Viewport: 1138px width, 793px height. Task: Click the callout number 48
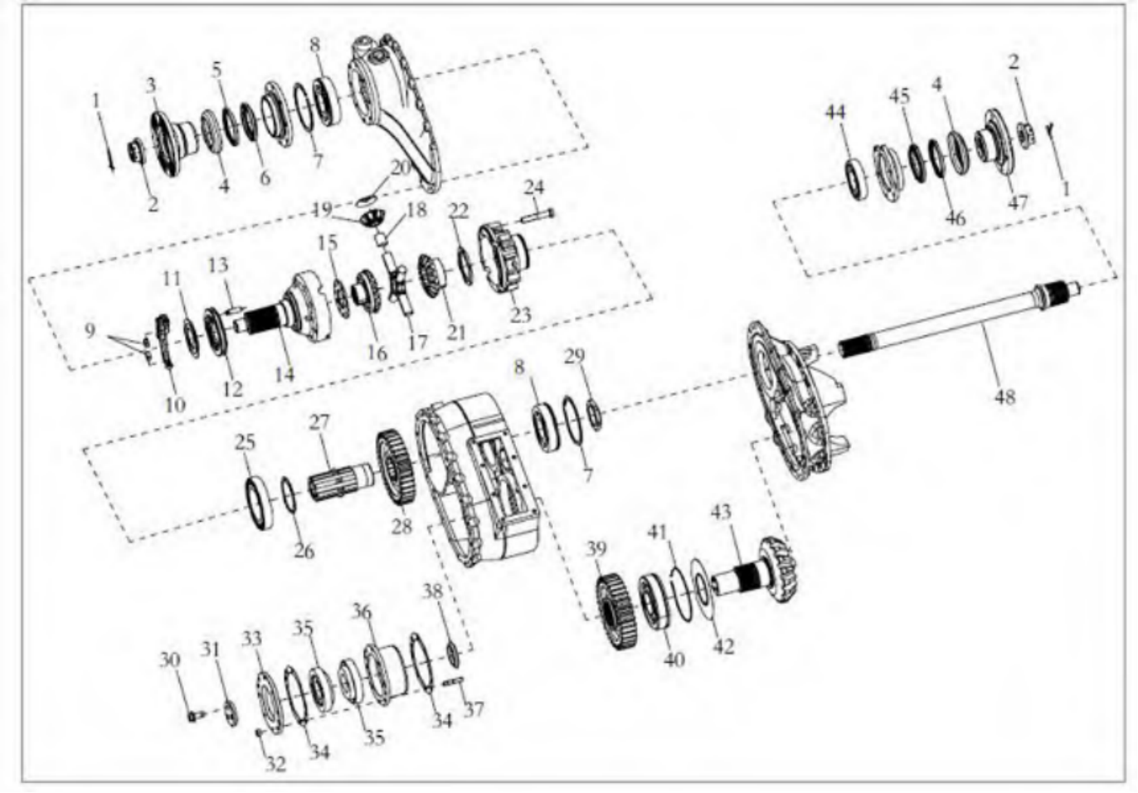point(1004,396)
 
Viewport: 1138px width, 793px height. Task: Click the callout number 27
point(319,422)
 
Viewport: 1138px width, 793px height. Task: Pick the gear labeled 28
point(396,467)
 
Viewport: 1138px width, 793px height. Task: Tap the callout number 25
point(245,443)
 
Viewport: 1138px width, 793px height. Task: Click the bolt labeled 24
point(537,216)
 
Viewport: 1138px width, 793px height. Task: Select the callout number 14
point(284,374)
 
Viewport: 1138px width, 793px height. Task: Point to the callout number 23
point(521,315)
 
